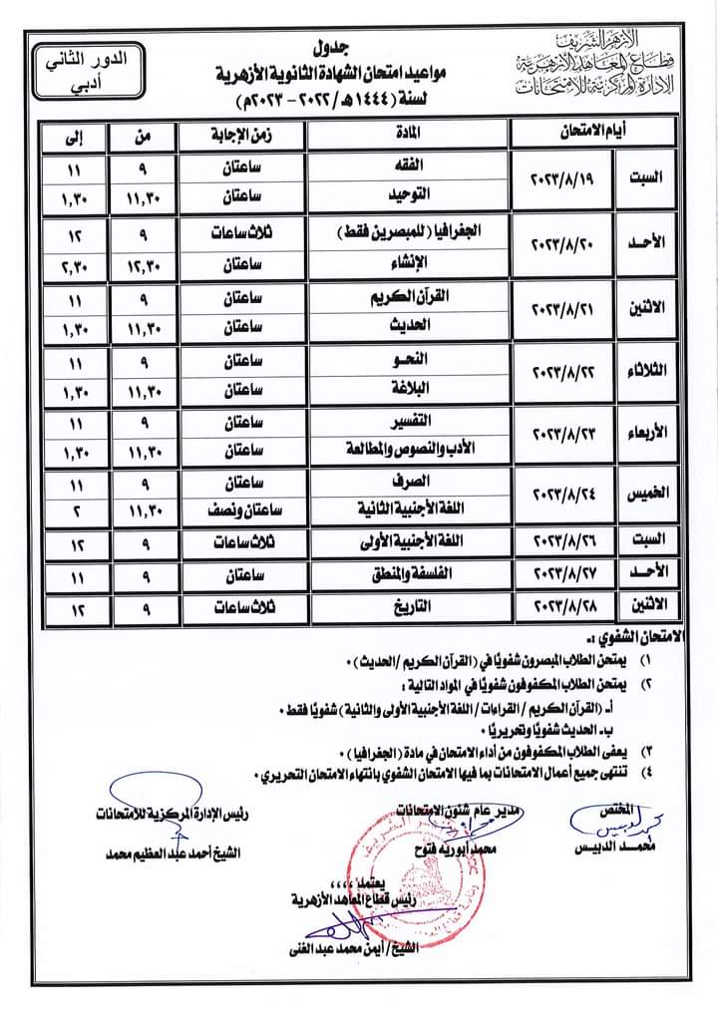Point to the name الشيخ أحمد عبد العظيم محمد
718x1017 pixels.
175,852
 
